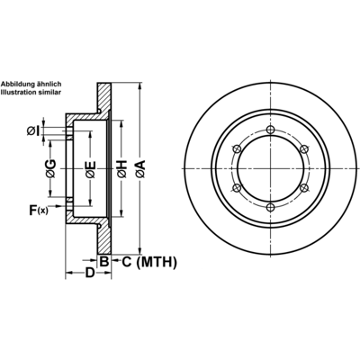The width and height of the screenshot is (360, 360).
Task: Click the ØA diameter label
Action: [139, 169]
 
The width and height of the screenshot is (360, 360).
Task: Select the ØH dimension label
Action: [121, 169]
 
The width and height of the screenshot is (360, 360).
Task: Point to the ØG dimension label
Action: [50, 169]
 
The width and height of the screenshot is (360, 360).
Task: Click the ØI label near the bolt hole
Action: [33, 130]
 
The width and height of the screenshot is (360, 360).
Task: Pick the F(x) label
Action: [39, 210]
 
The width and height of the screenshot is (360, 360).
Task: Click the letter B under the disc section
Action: [103, 261]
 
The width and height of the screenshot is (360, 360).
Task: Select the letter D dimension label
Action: [90, 273]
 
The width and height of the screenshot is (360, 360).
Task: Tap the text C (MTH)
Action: [149, 262]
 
